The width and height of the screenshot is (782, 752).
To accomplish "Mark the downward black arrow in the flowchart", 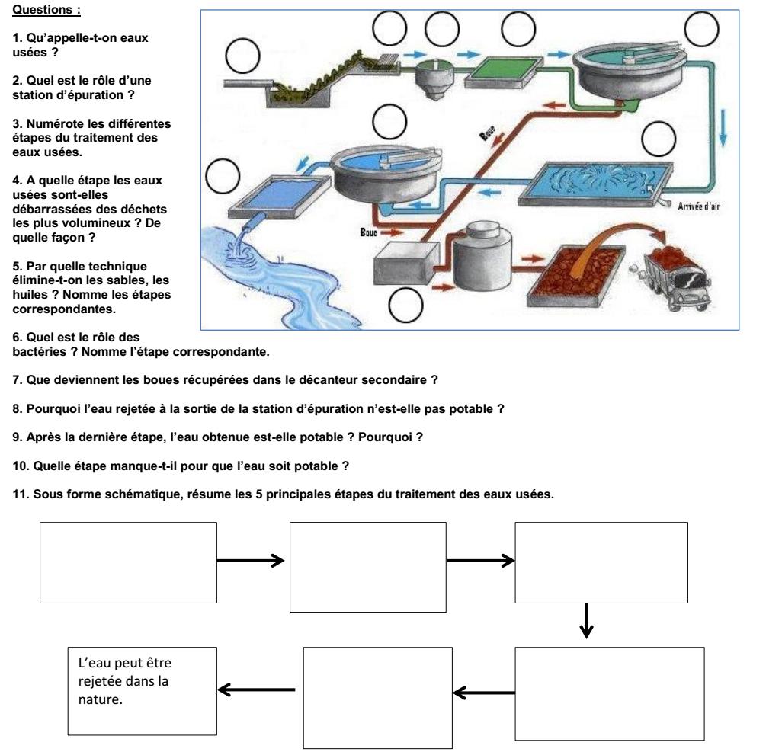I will pos(586,621).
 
